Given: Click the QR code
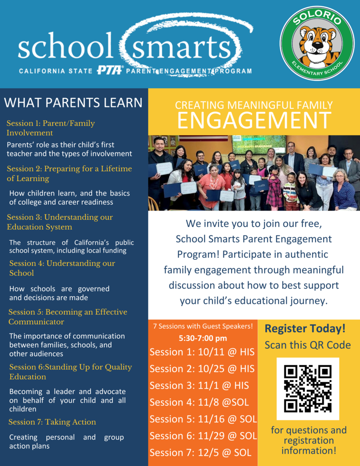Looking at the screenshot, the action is click(x=308, y=389).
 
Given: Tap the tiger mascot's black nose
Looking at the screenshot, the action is click(x=317, y=46).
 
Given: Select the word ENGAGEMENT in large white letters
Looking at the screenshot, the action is click(x=254, y=120).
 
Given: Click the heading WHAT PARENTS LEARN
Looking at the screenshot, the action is click(x=73, y=103).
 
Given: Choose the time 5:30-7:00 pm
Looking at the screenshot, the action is click(x=203, y=338).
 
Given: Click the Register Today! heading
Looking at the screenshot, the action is click(x=305, y=329).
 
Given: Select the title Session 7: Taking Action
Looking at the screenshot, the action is click(x=52, y=422).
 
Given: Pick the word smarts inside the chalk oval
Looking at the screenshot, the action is click(x=181, y=47).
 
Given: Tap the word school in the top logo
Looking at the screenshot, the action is click(x=66, y=45).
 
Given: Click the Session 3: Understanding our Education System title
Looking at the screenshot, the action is click(x=60, y=222).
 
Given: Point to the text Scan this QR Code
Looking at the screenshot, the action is click(x=308, y=345).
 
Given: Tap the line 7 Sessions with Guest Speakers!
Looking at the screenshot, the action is click(x=203, y=326).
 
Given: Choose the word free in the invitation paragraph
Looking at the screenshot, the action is click(x=311, y=223).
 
